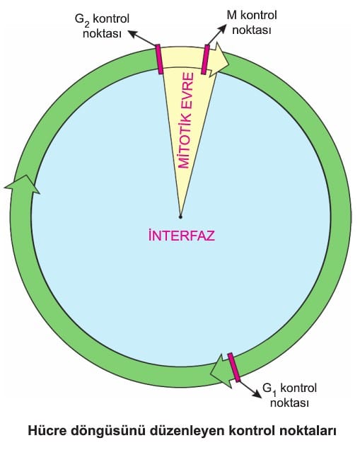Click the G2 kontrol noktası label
pyautogui.click(x=102, y=26)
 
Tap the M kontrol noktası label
pyautogui.click(x=252, y=23)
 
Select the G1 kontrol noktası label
pyautogui.click(x=290, y=396)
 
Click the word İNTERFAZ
pyautogui.click(x=182, y=236)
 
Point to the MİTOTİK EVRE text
pyautogui.click(x=186, y=120)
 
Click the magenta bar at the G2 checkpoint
pyautogui.click(x=159, y=59)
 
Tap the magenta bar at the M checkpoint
pyautogui.click(x=205, y=59)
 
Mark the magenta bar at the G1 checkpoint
pyautogui.click(x=234, y=367)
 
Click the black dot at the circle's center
pyautogui.click(x=180, y=217)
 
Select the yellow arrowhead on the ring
pyautogui.click(x=219, y=60)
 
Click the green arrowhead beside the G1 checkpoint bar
pyautogui.click(x=221, y=371)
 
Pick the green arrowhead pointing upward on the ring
pyautogui.click(x=23, y=185)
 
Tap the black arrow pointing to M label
pyautogui.click(x=216, y=35)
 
